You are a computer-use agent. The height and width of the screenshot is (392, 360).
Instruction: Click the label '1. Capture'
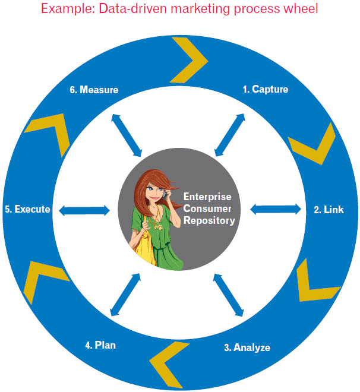pyautogui.click(x=265, y=90)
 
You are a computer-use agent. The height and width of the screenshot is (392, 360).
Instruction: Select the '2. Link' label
pyautogui.click(x=329, y=210)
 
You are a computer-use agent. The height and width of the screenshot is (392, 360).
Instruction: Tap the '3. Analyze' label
pyautogui.click(x=247, y=347)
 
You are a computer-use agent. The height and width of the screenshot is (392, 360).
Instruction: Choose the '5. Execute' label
pyautogui.click(x=27, y=210)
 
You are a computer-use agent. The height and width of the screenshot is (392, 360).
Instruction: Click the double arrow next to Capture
pyautogui.click(x=229, y=135)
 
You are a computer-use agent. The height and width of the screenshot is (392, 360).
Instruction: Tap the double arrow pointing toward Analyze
pyautogui.click(x=229, y=294)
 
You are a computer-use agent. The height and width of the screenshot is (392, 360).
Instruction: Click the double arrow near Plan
pyautogui.click(x=126, y=294)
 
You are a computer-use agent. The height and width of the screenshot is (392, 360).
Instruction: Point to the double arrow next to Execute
pyautogui.click(x=84, y=210)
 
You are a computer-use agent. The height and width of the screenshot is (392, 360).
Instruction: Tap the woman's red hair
pyautogui.click(x=143, y=184)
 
